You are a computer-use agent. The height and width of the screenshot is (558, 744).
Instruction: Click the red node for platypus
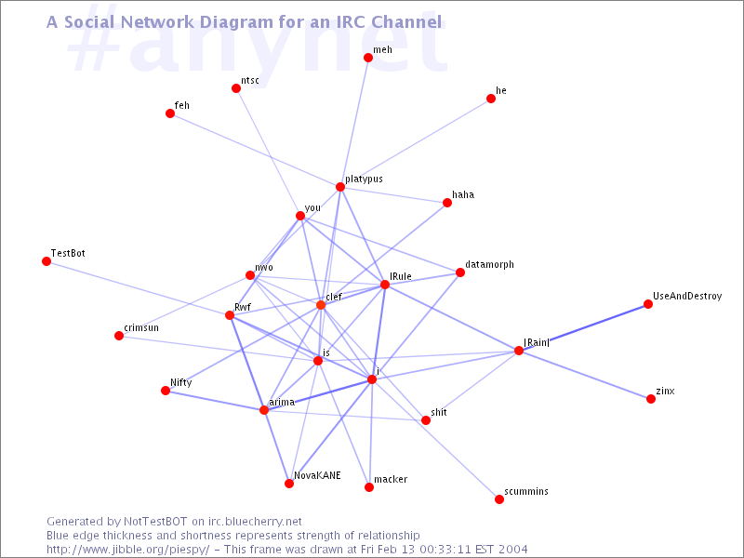click(340, 187)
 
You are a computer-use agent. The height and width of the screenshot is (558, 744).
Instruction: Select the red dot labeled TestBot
click(46, 261)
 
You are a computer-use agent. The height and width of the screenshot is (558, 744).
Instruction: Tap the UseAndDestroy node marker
click(648, 304)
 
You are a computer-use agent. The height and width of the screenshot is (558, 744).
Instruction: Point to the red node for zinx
click(651, 399)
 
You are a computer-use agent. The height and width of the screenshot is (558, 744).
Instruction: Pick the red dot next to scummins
click(499, 499)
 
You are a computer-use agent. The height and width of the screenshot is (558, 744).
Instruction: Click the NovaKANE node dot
click(289, 484)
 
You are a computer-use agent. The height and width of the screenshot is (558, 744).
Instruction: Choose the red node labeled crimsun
click(119, 336)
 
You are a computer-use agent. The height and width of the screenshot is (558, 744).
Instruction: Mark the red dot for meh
click(368, 58)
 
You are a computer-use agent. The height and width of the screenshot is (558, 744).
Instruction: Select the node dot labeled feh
click(170, 113)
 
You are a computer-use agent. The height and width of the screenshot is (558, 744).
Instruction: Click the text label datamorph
click(489, 265)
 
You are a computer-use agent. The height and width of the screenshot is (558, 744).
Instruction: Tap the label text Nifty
click(180, 382)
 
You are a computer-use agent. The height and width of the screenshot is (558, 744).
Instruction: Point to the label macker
click(391, 480)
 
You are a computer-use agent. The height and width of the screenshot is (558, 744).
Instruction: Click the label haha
click(463, 195)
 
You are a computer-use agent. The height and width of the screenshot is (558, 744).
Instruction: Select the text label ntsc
click(250, 81)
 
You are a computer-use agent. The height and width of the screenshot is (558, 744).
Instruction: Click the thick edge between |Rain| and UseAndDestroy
click(584, 327)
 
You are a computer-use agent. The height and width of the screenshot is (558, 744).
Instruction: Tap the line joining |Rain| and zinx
click(585, 375)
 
